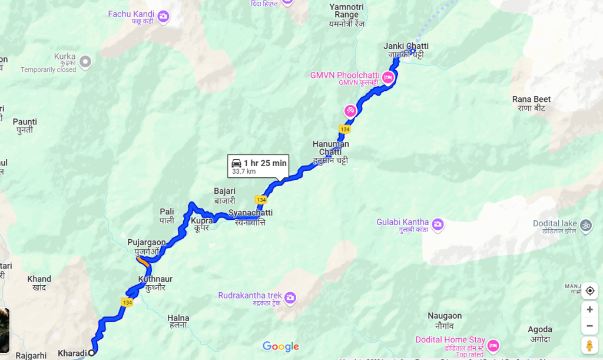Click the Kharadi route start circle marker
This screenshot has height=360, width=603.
[x=91, y=353]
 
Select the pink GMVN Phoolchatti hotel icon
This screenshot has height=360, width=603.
[x=387, y=77]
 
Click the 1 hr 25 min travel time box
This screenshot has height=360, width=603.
[x=259, y=166]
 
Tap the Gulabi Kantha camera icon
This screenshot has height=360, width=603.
[x=438, y=224]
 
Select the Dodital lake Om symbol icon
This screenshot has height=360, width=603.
[x=586, y=224]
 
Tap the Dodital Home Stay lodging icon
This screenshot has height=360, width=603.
[x=493, y=345]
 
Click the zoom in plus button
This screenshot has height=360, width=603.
[x=589, y=309]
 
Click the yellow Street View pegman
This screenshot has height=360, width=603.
[x=589, y=345]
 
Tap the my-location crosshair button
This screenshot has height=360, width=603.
[x=589, y=290]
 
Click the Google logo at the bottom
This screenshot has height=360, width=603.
[x=281, y=346]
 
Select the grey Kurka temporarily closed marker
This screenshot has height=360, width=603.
[x=85, y=61]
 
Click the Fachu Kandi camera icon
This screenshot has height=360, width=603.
[x=164, y=15]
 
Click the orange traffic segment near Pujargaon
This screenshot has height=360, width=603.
[x=142, y=260]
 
